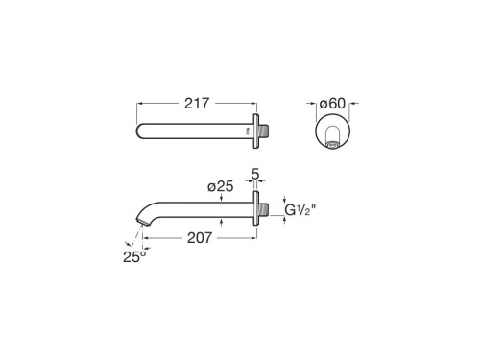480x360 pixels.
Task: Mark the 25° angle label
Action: point(132,255)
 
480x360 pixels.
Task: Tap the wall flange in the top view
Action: point(254,127)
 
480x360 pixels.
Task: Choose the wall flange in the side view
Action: point(254,210)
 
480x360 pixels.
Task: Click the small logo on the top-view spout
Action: point(246,127)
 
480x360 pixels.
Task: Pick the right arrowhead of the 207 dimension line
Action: point(253,236)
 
